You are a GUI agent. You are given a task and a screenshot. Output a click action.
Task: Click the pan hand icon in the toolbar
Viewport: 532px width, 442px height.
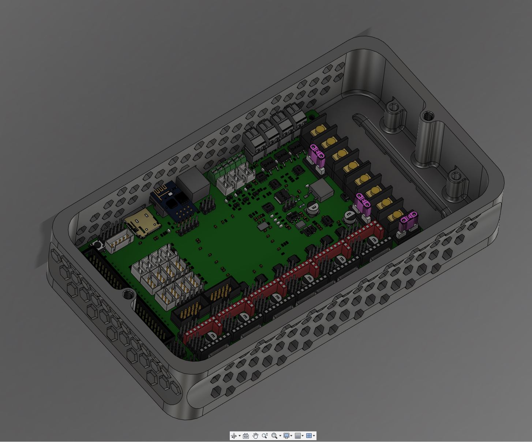[255, 435]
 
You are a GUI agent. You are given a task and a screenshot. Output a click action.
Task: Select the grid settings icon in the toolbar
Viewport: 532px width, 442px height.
[297, 435]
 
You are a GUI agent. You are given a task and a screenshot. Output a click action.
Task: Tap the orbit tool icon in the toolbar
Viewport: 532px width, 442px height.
[234, 435]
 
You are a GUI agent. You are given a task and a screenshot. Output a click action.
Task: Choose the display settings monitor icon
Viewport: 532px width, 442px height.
[286, 435]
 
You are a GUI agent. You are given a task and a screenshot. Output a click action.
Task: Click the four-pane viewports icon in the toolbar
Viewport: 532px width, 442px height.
[309, 435]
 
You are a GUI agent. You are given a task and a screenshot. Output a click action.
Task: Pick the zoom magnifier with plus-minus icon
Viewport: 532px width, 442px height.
[265, 435]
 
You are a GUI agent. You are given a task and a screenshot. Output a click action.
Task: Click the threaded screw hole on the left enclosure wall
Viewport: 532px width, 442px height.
[128, 294]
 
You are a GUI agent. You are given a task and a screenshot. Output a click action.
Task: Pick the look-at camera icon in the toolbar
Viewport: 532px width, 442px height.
[246, 435]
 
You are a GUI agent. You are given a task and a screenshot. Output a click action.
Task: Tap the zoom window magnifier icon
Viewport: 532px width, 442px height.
[274, 435]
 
